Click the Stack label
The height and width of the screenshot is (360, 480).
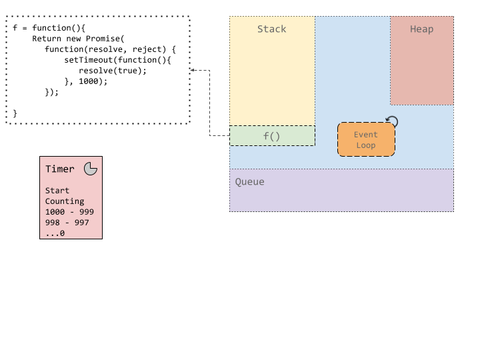pyautogui.click(x=271, y=29)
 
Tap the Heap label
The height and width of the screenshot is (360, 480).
pyautogui.click(x=421, y=29)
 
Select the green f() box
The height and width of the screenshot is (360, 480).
pyautogui.click(x=272, y=136)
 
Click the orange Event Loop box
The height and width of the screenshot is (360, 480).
pyautogui.click(x=366, y=139)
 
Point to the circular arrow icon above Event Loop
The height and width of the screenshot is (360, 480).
pyautogui.click(x=392, y=122)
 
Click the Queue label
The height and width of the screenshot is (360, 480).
pyautogui.click(x=249, y=182)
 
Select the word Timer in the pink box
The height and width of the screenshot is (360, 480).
pyautogui.click(x=60, y=169)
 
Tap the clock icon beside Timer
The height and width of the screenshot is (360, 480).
pyautogui.click(x=91, y=169)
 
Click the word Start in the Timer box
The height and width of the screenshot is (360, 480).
pyautogui.click(x=57, y=191)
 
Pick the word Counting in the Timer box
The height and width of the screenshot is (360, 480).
pyautogui.click(x=65, y=201)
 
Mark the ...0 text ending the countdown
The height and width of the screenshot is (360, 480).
pyautogui.click(x=55, y=233)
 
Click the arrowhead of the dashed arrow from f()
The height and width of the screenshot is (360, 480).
pyautogui.click(x=193, y=70)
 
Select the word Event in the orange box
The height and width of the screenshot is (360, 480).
pyautogui.click(x=366, y=135)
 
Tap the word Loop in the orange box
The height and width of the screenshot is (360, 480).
pyautogui.click(x=366, y=145)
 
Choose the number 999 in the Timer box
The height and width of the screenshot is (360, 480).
pyautogui.click(x=86, y=212)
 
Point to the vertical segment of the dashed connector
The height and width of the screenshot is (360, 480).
pyautogui.click(x=210, y=103)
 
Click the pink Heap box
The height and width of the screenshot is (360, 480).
pyautogui.click(x=421, y=67)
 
